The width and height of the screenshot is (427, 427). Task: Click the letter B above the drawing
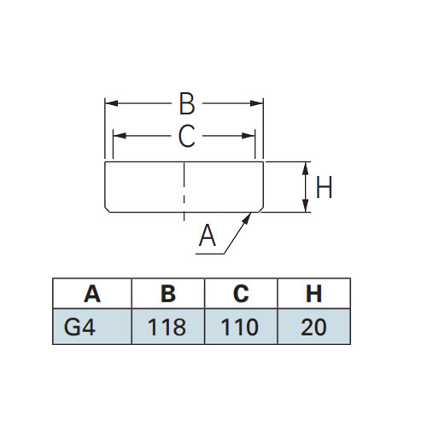pyautogui.click(x=187, y=103)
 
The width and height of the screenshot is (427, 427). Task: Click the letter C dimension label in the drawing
pyautogui.click(x=187, y=136)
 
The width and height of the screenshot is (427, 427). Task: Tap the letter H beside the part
pyautogui.click(x=325, y=187)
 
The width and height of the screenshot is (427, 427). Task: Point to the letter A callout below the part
pyautogui.click(x=208, y=235)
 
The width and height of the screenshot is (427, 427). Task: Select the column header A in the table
pyautogui.click(x=92, y=294)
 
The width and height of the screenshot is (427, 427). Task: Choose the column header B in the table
pyautogui.click(x=168, y=294)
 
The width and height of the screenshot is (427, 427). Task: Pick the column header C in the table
pyautogui.click(x=241, y=294)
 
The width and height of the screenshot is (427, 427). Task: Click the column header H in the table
pyautogui.click(x=313, y=294)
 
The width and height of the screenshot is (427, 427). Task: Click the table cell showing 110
pyautogui.click(x=240, y=327)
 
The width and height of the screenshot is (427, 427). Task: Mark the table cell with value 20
pyautogui.click(x=313, y=327)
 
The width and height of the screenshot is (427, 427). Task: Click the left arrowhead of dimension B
pyautogui.click(x=111, y=103)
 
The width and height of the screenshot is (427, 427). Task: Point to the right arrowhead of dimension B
pyautogui.click(x=256, y=103)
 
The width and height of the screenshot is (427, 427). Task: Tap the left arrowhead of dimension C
pyautogui.click(x=120, y=136)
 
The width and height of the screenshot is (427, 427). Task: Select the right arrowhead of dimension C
pyautogui.click(x=249, y=136)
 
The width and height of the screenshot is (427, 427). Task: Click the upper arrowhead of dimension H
pyautogui.click(x=306, y=168)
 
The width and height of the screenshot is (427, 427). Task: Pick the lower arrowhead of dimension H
pyautogui.click(x=306, y=206)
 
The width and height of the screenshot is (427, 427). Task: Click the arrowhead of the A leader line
pyautogui.click(x=247, y=218)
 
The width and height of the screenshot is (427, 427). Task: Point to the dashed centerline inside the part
pyautogui.click(x=184, y=191)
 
